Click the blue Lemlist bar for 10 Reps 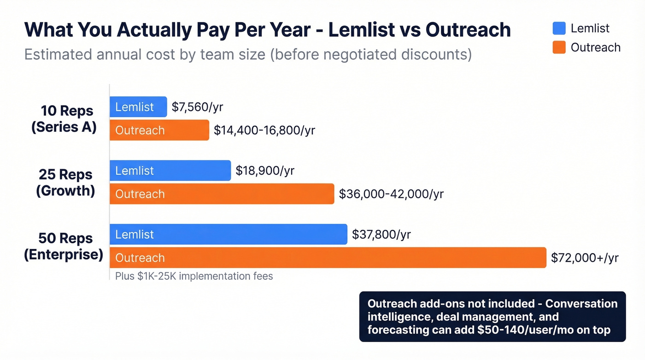138,107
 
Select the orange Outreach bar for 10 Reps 159,130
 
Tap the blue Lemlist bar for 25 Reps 170,171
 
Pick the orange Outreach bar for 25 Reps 222,194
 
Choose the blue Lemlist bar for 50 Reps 228,235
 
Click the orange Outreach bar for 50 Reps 328,258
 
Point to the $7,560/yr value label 197,107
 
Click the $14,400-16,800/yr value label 264,130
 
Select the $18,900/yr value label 265,171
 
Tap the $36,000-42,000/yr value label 391,194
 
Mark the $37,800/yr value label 381,235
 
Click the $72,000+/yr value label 585,258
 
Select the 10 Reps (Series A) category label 64,118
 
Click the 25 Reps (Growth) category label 65,183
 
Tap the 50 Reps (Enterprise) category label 64,246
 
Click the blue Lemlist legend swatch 559,28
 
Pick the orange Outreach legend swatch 559,47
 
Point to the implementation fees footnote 194,276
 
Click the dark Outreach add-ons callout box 492,317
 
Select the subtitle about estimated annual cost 248,54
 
